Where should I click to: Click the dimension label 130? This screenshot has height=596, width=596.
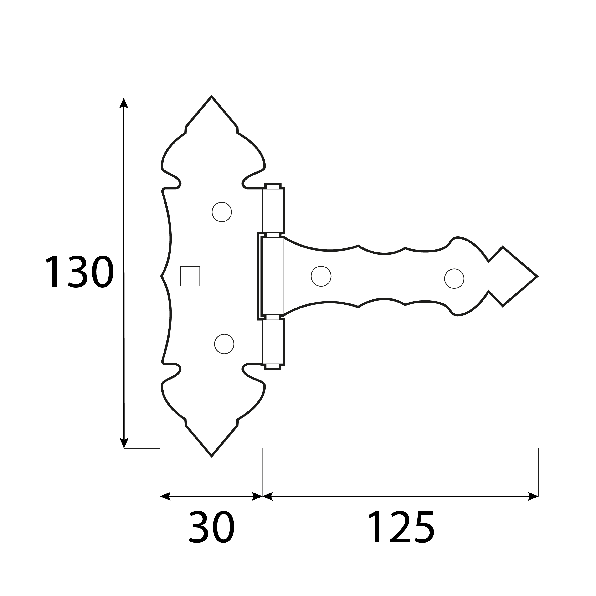click(x=80, y=272)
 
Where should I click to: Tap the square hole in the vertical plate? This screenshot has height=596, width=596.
click(x=190, y=276)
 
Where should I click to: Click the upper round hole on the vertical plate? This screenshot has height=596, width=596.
click(x=221, y=212)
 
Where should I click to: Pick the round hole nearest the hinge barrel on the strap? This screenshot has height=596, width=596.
click(x=321, y=276)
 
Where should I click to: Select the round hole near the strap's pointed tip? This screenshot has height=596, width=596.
click(x=454, y=278)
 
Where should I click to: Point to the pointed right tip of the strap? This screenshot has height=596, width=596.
click(x=536, y=276)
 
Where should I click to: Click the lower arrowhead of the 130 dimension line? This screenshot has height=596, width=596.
click(x=124, y=443)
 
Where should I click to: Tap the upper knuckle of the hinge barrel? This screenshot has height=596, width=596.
click(x=273, y=211)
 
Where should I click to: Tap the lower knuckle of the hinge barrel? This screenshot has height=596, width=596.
click(x=273, y=342)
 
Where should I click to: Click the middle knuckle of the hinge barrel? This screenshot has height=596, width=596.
click(x=272, y=276)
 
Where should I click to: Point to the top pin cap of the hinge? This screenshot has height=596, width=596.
click(x=273, y=186)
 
